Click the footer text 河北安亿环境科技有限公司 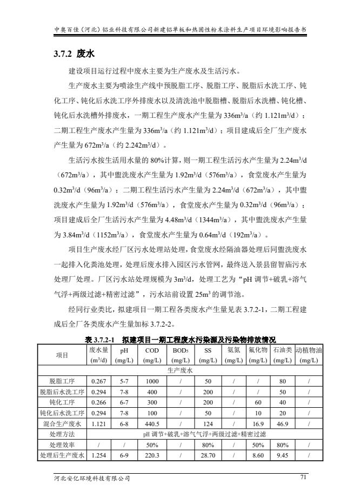coord(89,478)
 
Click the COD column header coord(152,355)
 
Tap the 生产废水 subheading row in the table coord(179,370)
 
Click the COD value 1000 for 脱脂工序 coord(152,381)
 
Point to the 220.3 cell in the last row coord(152,456)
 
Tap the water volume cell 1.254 coord(99,456)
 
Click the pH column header coord(124,355)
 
